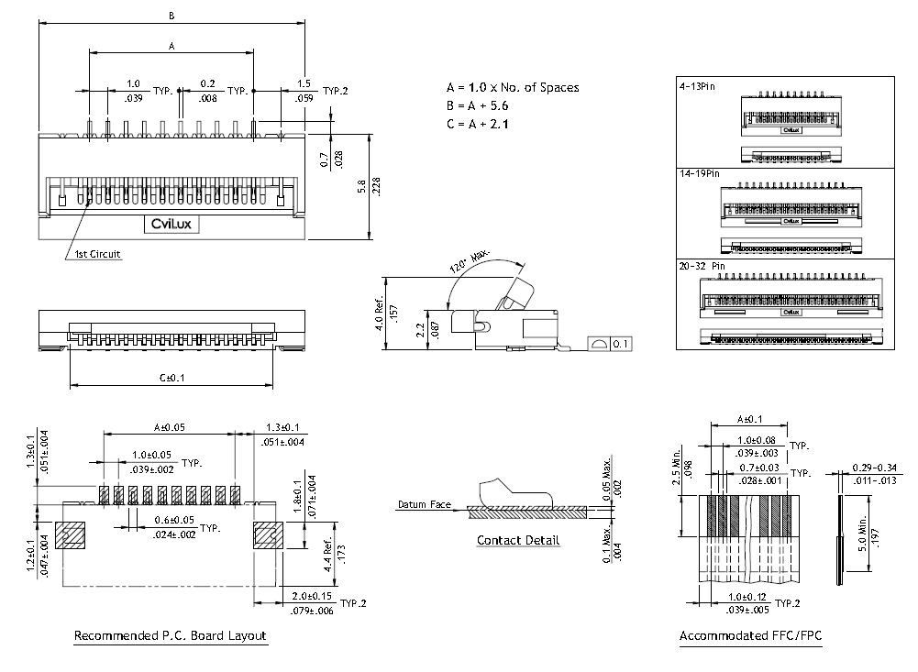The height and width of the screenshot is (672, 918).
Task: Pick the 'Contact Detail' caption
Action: coord(517,540)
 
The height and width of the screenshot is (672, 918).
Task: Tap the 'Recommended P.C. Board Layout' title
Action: coord(170,635)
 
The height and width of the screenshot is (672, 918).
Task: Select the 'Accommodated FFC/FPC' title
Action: coord(750,635)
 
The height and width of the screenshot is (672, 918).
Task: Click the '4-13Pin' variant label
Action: coord(698,85)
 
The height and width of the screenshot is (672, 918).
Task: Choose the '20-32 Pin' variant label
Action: coord(702,266)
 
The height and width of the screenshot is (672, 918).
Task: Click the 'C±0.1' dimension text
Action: coord(172,378)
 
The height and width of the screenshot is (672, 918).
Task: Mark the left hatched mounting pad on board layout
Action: coord(69,534)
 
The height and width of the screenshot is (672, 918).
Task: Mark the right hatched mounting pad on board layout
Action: coord(267,534)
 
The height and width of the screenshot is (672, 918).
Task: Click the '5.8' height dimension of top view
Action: coord(361,186)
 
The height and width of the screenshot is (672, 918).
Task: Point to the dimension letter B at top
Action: coord(171,15)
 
